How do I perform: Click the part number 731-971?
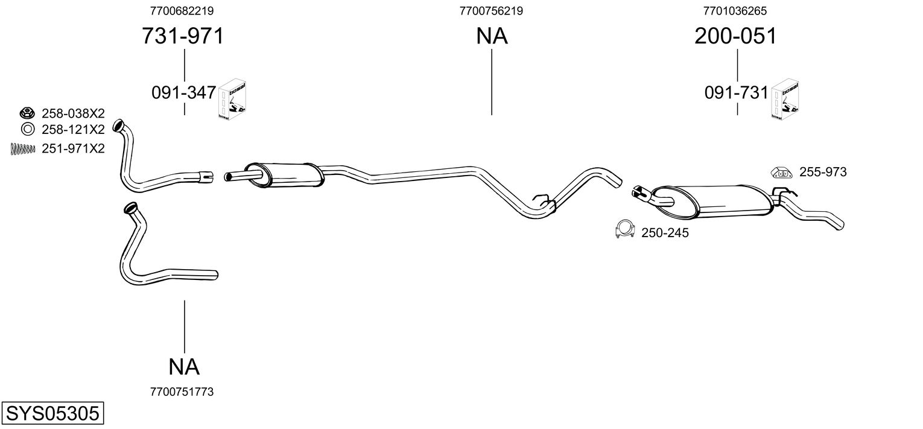(182, 36)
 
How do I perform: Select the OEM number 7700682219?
(182, 11)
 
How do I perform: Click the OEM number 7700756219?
(491, 11)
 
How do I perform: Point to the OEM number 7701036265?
(735, 11)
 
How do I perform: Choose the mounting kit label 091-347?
(183, 93)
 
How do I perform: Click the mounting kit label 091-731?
(737, 93)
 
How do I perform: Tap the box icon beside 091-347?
(234, 99)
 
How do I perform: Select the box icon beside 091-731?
(787, 99)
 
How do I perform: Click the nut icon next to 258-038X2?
(26, 113)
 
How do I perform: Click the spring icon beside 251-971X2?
(23, 149)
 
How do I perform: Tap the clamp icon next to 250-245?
(624, 229)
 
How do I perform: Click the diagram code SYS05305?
(52, 414)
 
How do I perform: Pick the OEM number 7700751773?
(182, 392)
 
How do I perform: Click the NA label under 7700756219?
(492, 36)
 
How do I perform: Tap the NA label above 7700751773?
(183, 366)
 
